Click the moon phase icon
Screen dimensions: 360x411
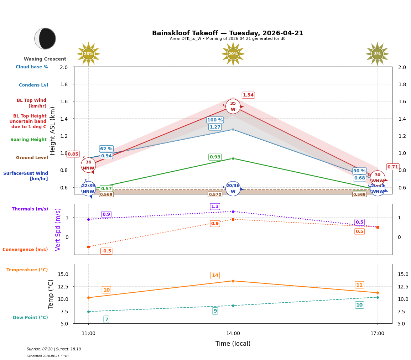pyautogui.click(x=45, y=38)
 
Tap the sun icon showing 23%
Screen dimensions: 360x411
pyautogui.click(x=88, y=54)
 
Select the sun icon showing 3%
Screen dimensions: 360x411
pyautogui.click(x=377, y=54)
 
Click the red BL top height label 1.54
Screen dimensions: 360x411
pyautogui.click(x=248, y=95)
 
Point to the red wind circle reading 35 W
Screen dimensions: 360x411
pyautogui.click(x=233, y=106)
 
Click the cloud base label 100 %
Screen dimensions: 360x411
pyautogui.click(x=215, y=120)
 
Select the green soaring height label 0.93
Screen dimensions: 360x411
pyautogui.click(x=215, y=157)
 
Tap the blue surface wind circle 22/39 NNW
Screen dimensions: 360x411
pyautogui.click(x=88, y=189)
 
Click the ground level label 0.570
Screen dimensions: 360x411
pyautogui.click(x=215, y=194)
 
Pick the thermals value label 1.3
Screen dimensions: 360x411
pyautogui.click(x=215, y=207)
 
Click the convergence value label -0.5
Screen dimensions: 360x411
pyautogui.click(x=106, y=251)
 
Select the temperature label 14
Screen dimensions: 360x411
pyautogui.click(x=215, y=275)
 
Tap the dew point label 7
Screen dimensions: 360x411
pyautogui.click(x=106, y=319)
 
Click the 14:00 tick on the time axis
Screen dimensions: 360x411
pyautogui.click(x=233, y=333)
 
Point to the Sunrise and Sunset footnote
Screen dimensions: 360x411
pyautogui.click(x=54, y=349)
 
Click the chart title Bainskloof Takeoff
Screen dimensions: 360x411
pyautogui.click(x=228, y=33)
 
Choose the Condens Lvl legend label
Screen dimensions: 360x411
pyautogui.click(x=33, y=85)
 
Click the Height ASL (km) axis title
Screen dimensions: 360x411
pyautogui.click(x=53, y=131)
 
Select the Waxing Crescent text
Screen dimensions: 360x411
pyautogui.click(x=45, y=59)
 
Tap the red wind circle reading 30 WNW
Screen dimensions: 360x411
pyautogui.click(x=377, y=178)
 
